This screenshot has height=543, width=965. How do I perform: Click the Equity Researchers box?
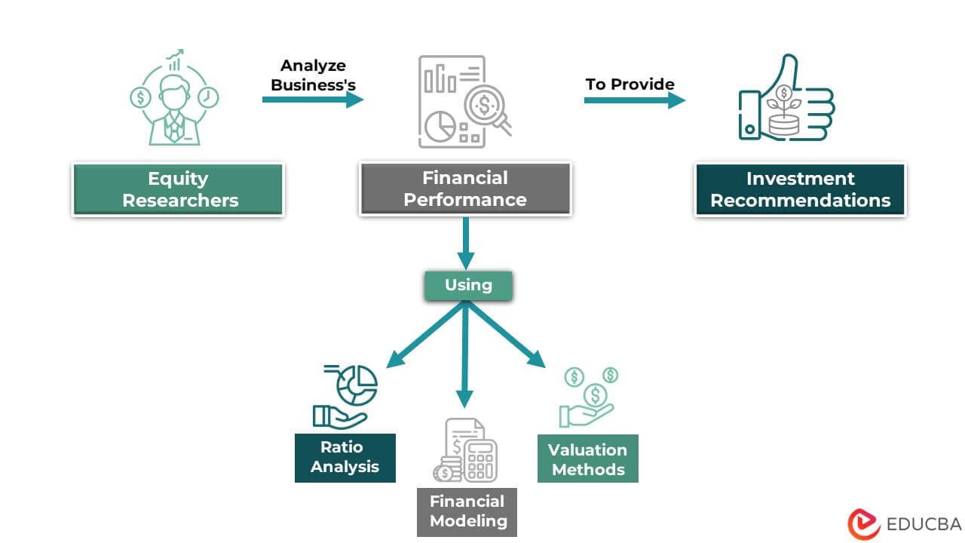tap(178, 189)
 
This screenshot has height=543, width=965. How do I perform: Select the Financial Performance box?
tap(465, 189)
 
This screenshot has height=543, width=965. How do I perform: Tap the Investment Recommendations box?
tap(800, 189)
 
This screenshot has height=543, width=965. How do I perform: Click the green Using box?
tap(468, 285)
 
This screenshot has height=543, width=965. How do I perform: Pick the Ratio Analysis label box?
tap(345, 457)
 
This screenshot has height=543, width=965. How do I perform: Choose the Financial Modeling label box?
tap(467, 511)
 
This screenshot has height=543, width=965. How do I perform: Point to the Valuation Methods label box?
tap(587, 459)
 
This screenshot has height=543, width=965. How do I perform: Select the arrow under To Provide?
tap(634, 100)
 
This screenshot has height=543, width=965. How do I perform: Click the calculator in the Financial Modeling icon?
tap(480, 459)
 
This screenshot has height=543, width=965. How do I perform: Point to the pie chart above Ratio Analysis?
tap(357, 386)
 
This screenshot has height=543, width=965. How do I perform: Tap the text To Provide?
tap(630, 84)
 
